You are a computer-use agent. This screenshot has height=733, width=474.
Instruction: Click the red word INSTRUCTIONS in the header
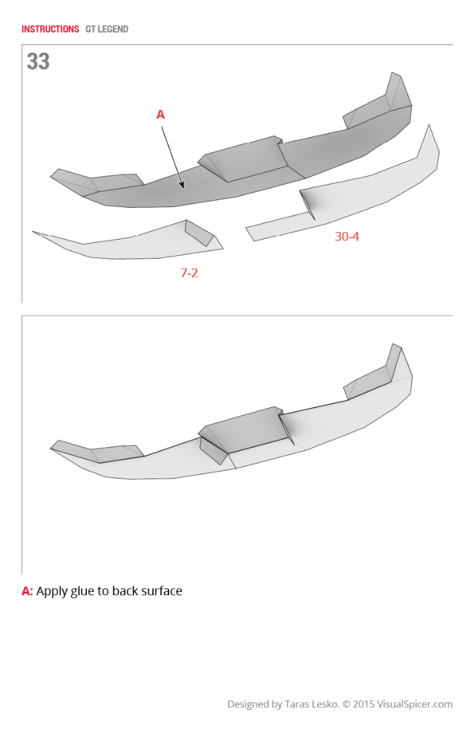point(50,29)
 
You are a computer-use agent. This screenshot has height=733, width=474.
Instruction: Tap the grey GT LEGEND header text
point(107,29)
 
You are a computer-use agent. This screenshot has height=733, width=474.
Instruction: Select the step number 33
point(38,61)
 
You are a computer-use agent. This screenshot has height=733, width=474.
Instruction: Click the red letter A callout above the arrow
point(160,115)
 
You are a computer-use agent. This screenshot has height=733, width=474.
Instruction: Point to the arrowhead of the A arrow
point(182,185)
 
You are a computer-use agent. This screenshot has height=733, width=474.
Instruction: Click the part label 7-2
point(189,273)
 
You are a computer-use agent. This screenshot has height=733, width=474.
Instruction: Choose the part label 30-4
point(347,237)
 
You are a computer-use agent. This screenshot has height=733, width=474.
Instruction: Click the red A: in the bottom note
point(27,591)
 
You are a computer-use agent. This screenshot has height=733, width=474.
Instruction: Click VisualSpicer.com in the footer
point(415,704)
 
